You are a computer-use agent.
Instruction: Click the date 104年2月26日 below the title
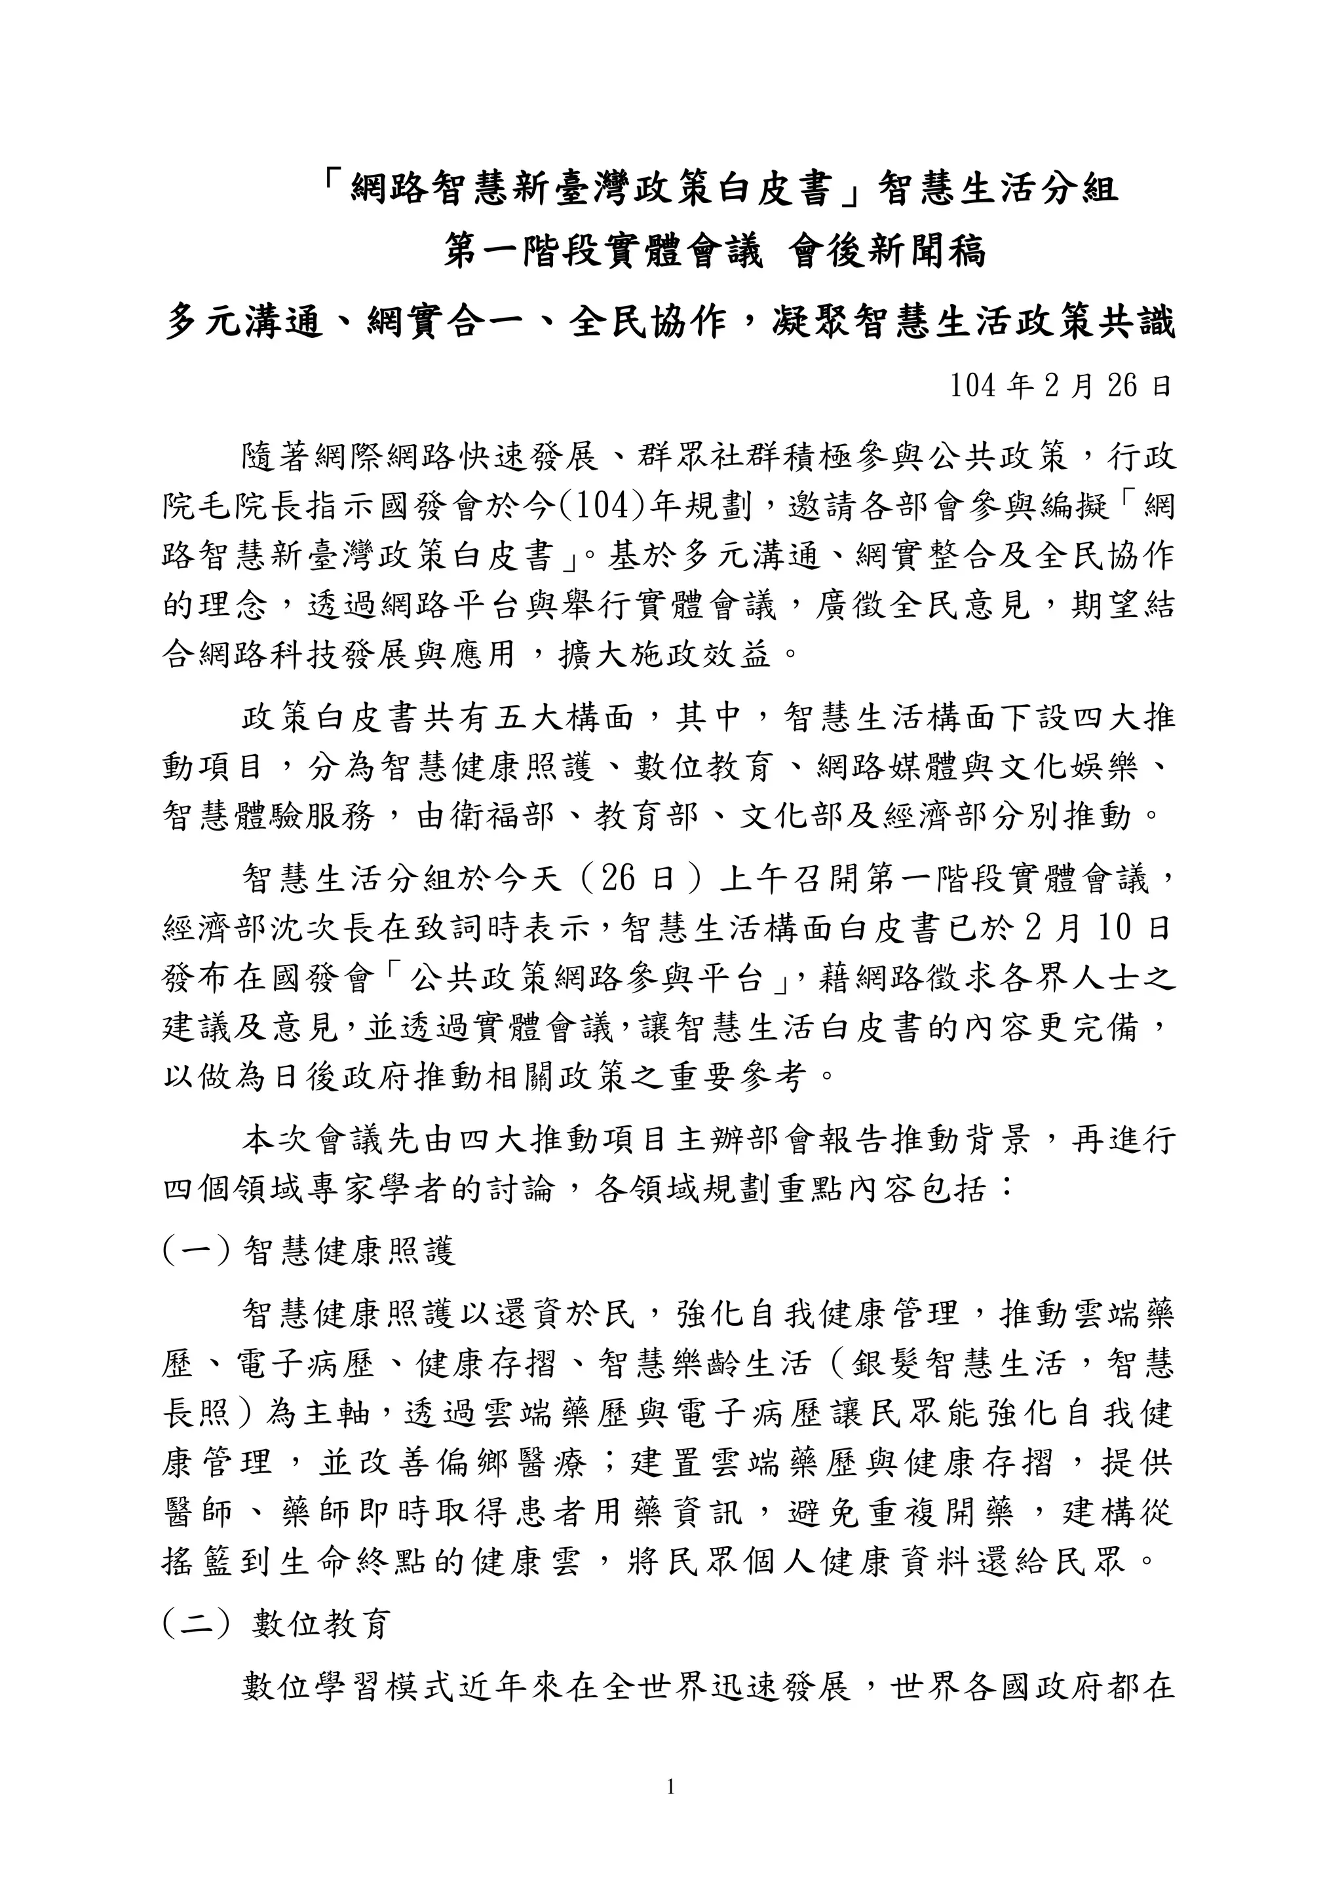tap(1060, 386)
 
